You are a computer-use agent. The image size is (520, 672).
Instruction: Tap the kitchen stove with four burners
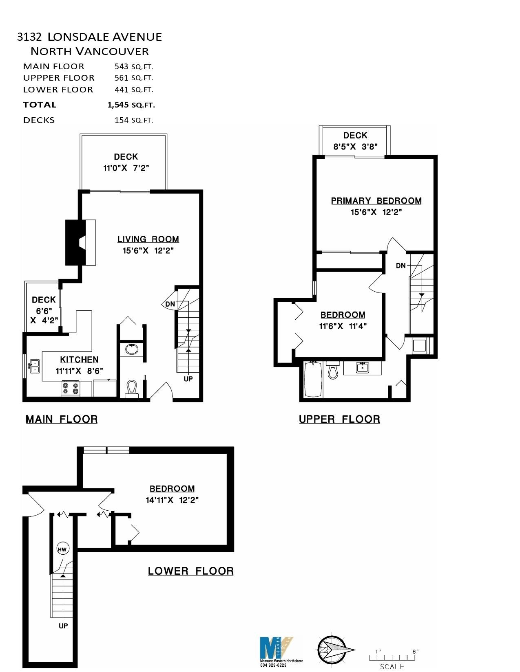point(71,389)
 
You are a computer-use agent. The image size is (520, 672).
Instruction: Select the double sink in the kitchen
point(34,366)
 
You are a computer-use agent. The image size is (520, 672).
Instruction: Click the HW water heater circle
point(62,549)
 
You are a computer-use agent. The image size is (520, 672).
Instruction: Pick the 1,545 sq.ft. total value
point(131,105)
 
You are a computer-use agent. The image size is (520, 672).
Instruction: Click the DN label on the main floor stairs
point(170,304)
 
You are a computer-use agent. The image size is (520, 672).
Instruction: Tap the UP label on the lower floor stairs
point(63,626)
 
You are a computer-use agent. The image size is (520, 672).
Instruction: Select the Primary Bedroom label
point(376,201)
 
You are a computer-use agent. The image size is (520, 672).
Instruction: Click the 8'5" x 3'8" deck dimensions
point(355,147)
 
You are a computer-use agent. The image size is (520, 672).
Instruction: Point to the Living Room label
point(148,239)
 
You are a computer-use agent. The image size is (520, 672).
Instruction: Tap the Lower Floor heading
point(190,571)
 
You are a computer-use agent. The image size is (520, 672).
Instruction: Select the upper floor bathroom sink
point(362,367)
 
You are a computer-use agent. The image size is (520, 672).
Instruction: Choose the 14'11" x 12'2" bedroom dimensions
point(172,500)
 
